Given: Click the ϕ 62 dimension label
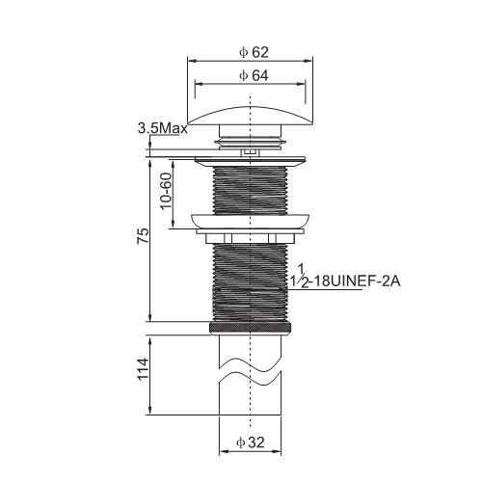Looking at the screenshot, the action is click(254, 52).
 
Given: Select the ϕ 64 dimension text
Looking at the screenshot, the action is click(254, 75).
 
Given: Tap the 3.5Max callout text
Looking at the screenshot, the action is click(163, 129).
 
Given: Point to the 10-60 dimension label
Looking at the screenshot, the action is click(167, 191).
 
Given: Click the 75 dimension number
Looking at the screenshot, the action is click(143, 235).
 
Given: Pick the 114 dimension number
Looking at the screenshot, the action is click(143, 368).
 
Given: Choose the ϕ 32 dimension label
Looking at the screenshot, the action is click(251, 442).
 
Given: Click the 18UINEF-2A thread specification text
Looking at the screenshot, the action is click(357, 281).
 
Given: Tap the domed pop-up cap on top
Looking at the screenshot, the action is click(250, 116).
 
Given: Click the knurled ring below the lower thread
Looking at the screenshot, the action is click(251, 328).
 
